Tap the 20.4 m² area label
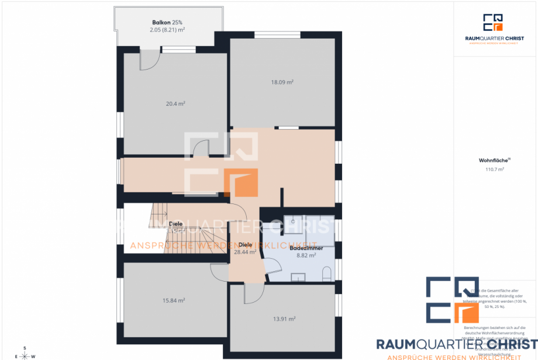175,103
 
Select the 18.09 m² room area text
282,82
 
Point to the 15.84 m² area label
174,301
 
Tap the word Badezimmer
306,248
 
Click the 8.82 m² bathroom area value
306,255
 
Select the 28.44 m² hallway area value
245,252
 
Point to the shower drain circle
292,223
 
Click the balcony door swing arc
149,60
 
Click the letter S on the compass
25,348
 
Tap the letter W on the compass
33,356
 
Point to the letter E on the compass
16,356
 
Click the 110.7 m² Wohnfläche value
495,169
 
